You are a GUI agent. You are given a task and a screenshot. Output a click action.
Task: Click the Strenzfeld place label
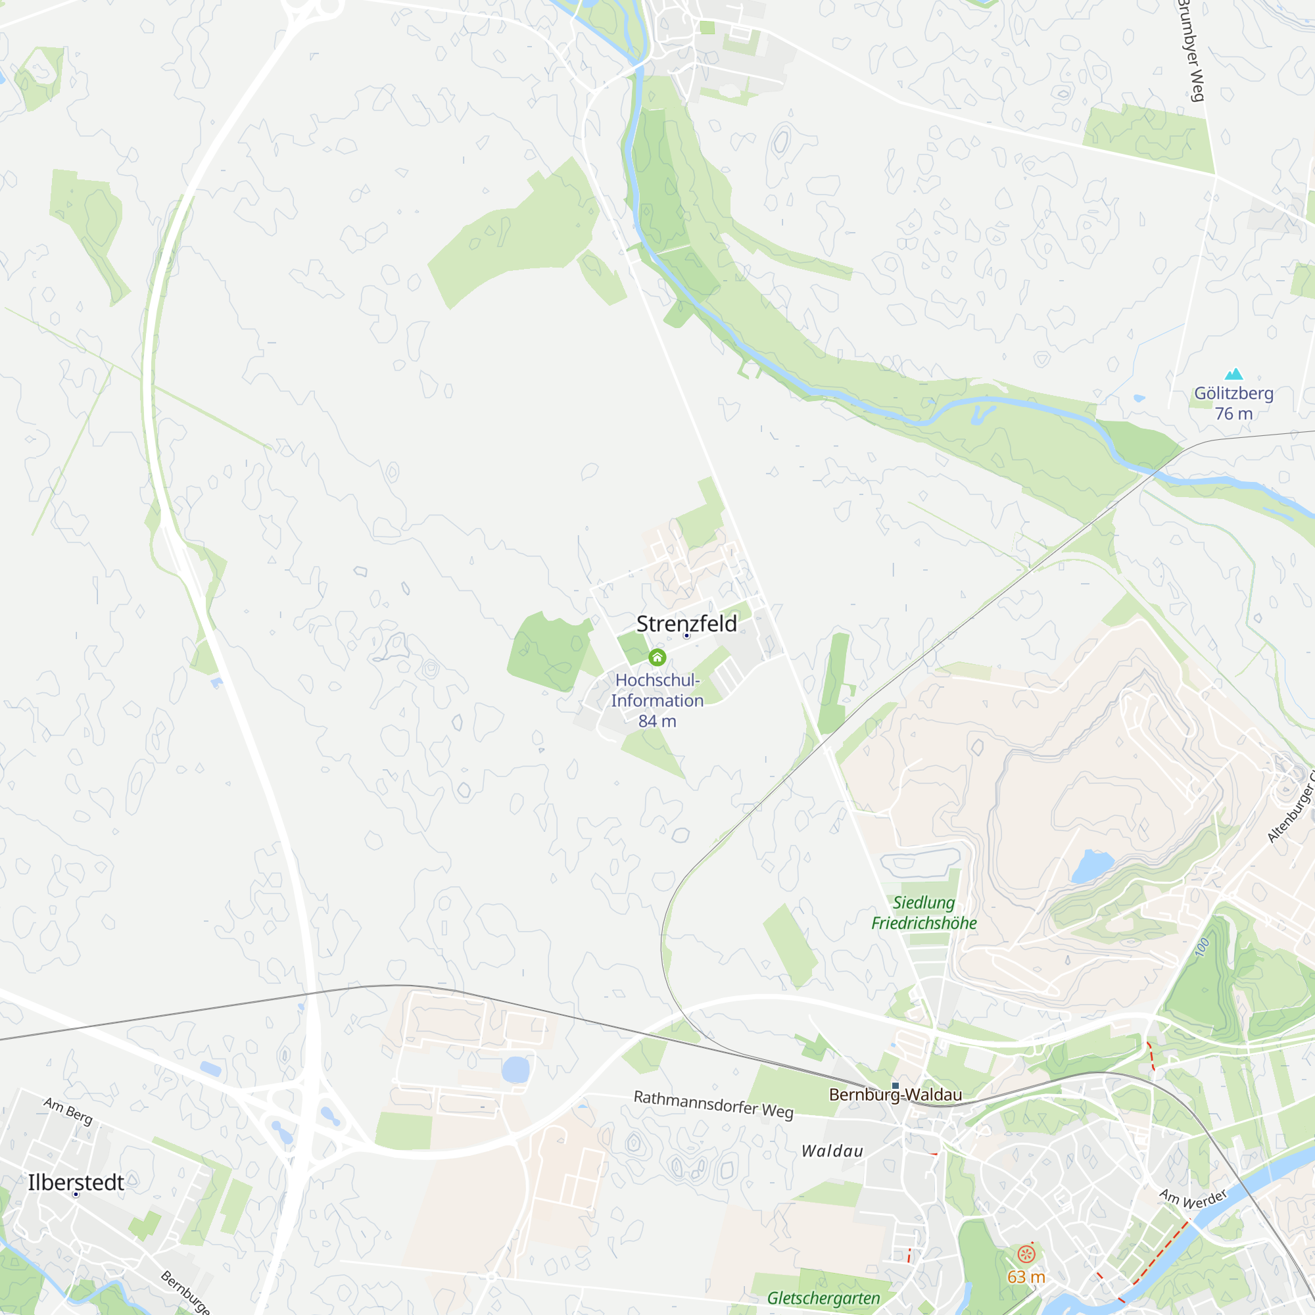click(x=686, y=623)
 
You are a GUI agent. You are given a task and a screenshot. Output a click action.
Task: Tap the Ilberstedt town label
click(x=76, y=1182)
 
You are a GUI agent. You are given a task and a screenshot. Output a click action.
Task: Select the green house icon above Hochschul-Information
click(x=657, y=657)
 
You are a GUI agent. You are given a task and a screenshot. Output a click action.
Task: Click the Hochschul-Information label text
click(x=657, y=690)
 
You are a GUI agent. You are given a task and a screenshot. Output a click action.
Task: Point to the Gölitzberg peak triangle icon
click(x=1234, y=374)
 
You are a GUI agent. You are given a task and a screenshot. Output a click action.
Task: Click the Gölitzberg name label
click(x=1233, y=393)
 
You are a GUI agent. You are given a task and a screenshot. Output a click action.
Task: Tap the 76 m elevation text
click(x=1233, y=414)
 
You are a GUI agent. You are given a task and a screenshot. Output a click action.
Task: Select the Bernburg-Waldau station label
click(x=895, y=1095)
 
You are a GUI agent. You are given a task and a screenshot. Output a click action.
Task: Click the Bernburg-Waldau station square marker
click(x=895, y=1086)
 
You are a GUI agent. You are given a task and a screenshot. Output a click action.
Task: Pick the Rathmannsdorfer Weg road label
click(x=713, y=1104)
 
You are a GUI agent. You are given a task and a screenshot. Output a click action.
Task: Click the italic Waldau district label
click(x=832, y=1151)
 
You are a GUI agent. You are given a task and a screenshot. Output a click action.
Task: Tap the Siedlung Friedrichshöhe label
click(x=924, y=913)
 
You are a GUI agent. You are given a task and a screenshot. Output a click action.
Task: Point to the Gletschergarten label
click(x=823, y=1298)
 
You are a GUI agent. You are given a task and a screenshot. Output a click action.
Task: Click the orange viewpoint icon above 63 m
click(x=1026, y=1254)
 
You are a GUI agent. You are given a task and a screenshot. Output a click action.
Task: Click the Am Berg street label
click(x=68, y=1111)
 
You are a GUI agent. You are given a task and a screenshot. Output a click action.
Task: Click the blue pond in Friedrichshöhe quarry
click(x=1091, y=866)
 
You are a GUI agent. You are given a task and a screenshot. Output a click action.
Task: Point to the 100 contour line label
click(x=1202, y=947)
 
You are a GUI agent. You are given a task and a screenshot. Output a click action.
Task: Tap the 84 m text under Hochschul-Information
click(x=657, y=721)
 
